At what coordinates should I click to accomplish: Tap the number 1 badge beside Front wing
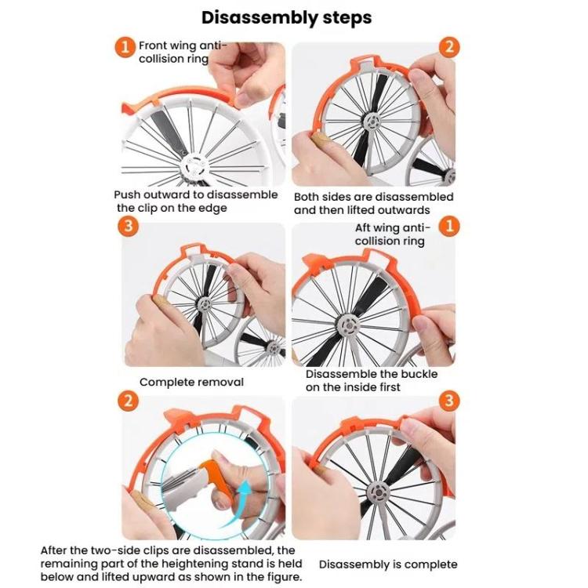pyautogui.click(x=125, y=47)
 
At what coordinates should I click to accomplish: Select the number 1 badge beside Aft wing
pyautogui.click(x=449, y=226)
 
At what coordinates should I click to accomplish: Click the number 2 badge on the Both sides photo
pyautogui.click(x=449, y=47)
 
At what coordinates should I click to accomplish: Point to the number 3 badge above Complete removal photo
pyautogui.click(x=129, y=226)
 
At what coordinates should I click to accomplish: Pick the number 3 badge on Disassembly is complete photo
pyautogui.click(x=449, y=401)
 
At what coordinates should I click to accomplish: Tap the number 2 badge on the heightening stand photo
pyautogui.click(x=129, y=401)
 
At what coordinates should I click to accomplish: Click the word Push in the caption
pyautogui.click(x=128, y=195)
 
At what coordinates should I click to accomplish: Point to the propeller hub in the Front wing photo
pyautogui.click(x=193, y=166)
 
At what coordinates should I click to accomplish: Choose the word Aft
pyautogui.click(x=363, y=227)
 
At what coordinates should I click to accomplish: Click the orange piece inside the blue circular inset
pyautogui.click(x=216, y=478)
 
